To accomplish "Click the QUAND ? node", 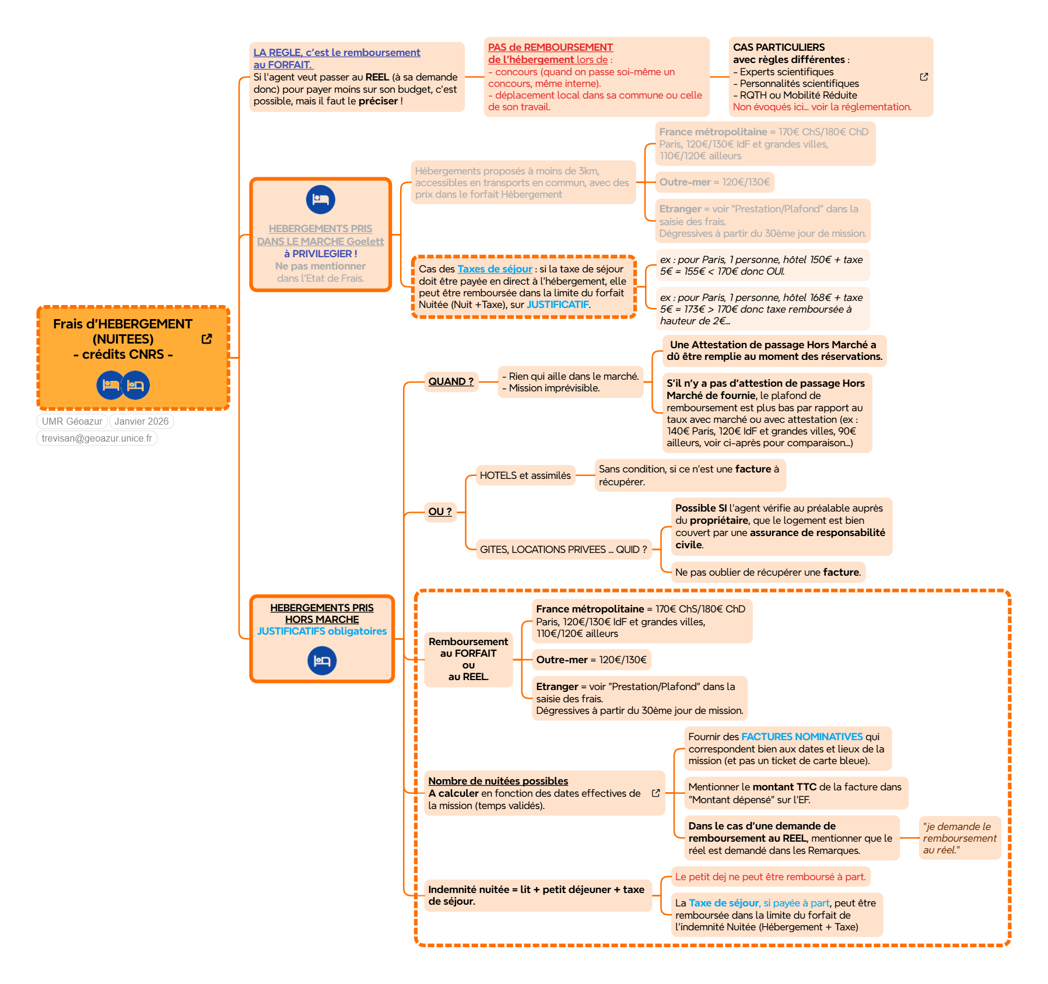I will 451,381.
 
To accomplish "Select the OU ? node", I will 440,512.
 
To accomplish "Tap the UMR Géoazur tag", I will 72,421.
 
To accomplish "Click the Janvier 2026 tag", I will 141,421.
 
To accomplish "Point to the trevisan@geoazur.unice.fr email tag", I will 97,438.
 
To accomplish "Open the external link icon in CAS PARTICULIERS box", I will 924,77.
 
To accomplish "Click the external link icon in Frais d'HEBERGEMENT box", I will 206,339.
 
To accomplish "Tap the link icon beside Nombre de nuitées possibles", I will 656,793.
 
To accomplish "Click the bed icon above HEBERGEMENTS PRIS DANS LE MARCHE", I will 321,199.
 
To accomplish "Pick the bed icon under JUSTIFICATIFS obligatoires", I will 322,661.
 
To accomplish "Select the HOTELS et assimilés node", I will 525,475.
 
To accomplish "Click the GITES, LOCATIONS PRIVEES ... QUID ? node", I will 563,549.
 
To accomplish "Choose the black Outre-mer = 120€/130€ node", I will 591,660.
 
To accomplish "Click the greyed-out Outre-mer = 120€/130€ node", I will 714,182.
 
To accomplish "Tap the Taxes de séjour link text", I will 495,269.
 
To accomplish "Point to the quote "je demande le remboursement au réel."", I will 959,838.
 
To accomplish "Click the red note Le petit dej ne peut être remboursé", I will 770,877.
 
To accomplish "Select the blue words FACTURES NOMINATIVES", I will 802,737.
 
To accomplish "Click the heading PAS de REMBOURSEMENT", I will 550,47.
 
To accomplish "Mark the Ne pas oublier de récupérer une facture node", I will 767,572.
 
